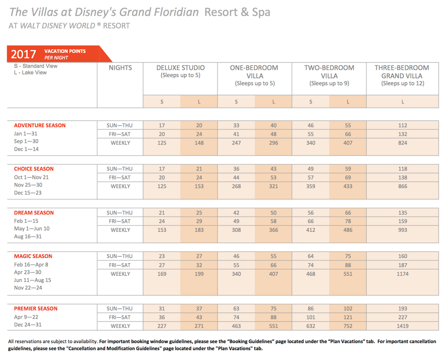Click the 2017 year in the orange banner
click(x=23, y=54)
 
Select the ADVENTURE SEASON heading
click(x=40, y=125)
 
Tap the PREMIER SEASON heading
click(x=36, y=309)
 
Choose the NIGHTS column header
click(x=120, y=68)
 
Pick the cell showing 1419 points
click(x=402, y=326)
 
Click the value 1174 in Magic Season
click(x=402, y=274)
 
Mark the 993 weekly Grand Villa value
click(x=402, y=230)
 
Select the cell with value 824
click(x=402, y=143)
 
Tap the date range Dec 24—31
click(x=28, y=325)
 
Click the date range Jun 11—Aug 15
click(x=33, y=280)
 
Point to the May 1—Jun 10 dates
click(x=32, y=229)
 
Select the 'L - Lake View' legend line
click(x=30, y=73)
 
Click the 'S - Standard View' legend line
click(x=36, y=66)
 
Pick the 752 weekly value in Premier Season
click(x=348, y=326)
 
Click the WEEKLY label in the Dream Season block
click(x=120, y=230)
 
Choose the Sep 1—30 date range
click(x=26, y=141)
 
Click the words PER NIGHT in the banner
click(x=56, y=58)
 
